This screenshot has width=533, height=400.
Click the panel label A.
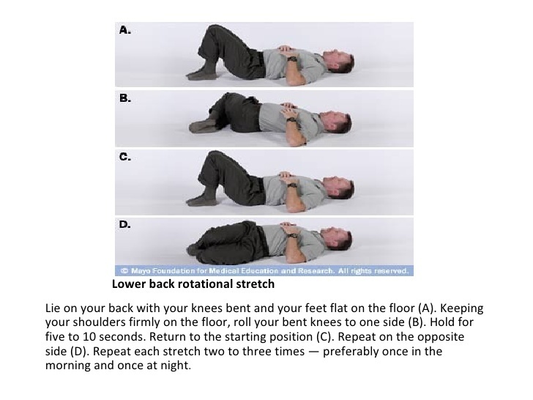[x=124, y=30]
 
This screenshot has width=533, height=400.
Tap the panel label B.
[x=124, y=98]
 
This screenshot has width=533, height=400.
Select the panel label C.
[x=124, y=157]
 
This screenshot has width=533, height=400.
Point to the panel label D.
[x=124, y=224]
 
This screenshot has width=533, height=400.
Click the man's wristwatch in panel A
[x=292, y=59]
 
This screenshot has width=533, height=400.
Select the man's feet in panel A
[x=202, y=74]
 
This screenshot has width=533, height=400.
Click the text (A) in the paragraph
[x=426, y=308]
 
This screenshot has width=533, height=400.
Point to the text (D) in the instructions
[x=81, y=352]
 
